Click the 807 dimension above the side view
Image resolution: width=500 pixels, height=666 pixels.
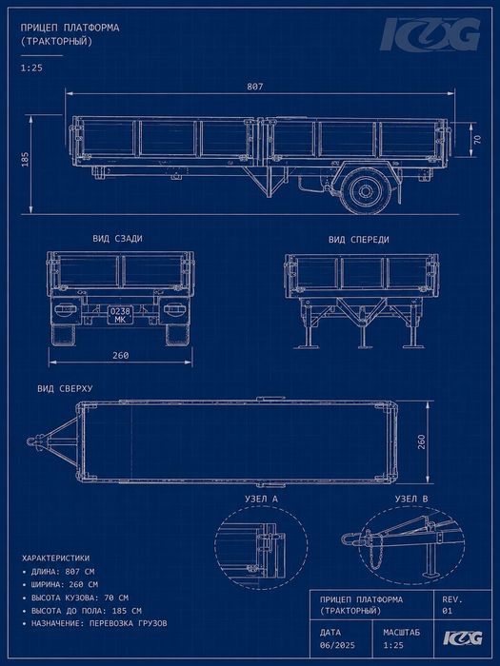click(255, 87)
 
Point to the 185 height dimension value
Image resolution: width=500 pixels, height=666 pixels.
click(25, 159)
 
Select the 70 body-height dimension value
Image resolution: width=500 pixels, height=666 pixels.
click(477, 139)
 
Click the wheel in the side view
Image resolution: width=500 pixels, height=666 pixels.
click(365, 191)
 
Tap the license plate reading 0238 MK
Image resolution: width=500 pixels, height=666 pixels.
click(120, 315)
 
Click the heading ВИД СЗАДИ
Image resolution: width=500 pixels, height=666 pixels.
click(117, 238)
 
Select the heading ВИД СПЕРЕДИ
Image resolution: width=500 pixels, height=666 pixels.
click(358, 240)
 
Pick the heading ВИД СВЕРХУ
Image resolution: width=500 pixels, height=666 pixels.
click(65, 388)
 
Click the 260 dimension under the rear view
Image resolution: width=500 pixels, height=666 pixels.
click(120, 355)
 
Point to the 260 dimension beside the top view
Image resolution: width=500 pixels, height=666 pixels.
click(421, 441)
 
